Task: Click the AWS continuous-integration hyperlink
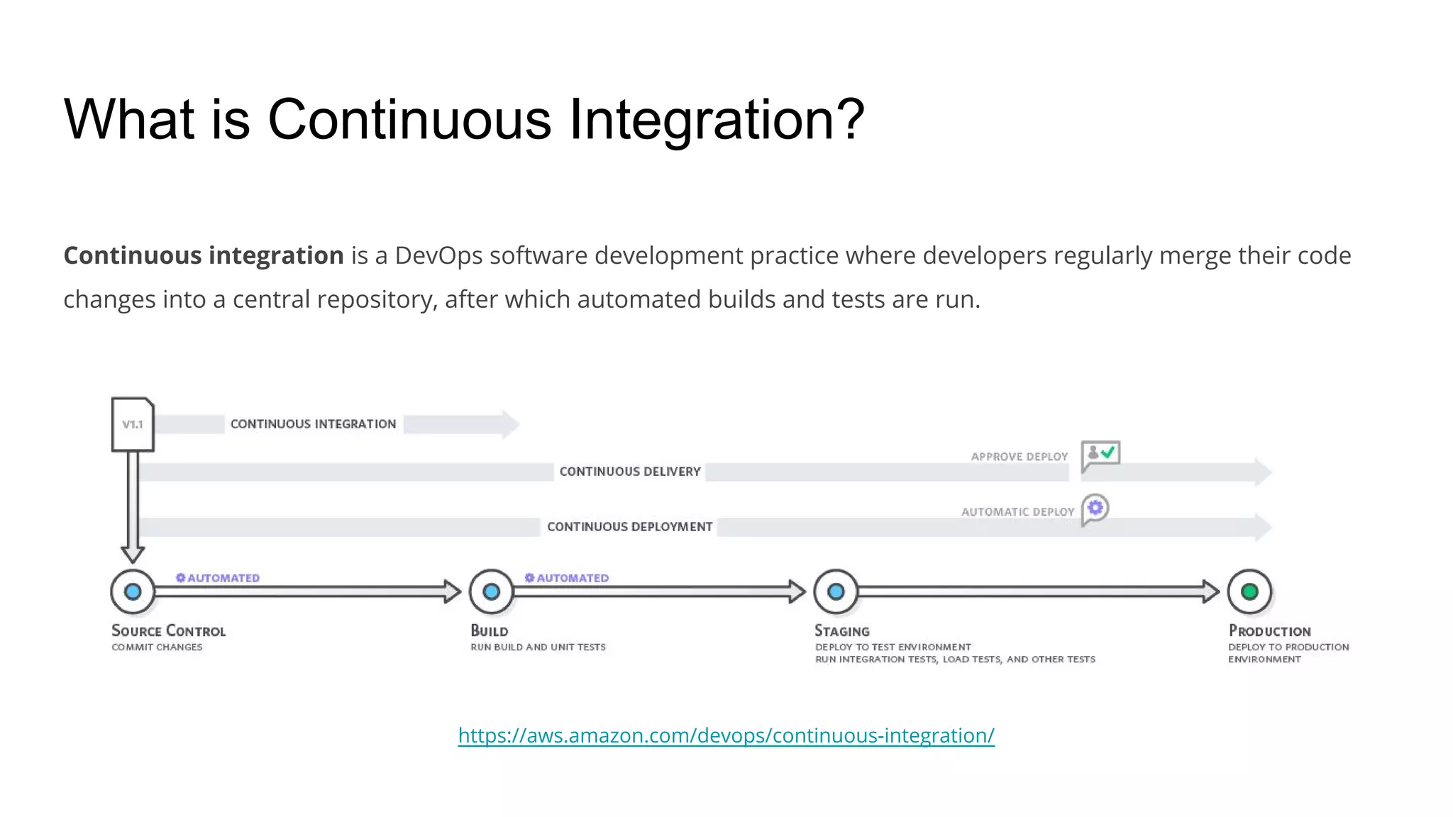(726, 735)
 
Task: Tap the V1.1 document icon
(133, 424)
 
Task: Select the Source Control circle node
(133, 591)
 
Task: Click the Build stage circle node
(491, 591)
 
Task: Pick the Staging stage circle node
(836, 591)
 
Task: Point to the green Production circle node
(1249, 591)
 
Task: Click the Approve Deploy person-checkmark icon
(1100, 455)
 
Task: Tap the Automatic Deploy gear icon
(1095, 508)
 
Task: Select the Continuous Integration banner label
(313, 424)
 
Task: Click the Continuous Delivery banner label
(629, 472)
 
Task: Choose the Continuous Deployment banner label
(629, 527)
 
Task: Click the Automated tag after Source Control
(218, 578)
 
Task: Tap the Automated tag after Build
(567, 578)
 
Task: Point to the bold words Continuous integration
(204, 255)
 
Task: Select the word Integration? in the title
(717, 119)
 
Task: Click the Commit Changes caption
(157, 647)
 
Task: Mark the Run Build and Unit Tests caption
(538, 647)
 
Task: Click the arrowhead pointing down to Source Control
(133, 554)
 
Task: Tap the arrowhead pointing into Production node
(1210, 591)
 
